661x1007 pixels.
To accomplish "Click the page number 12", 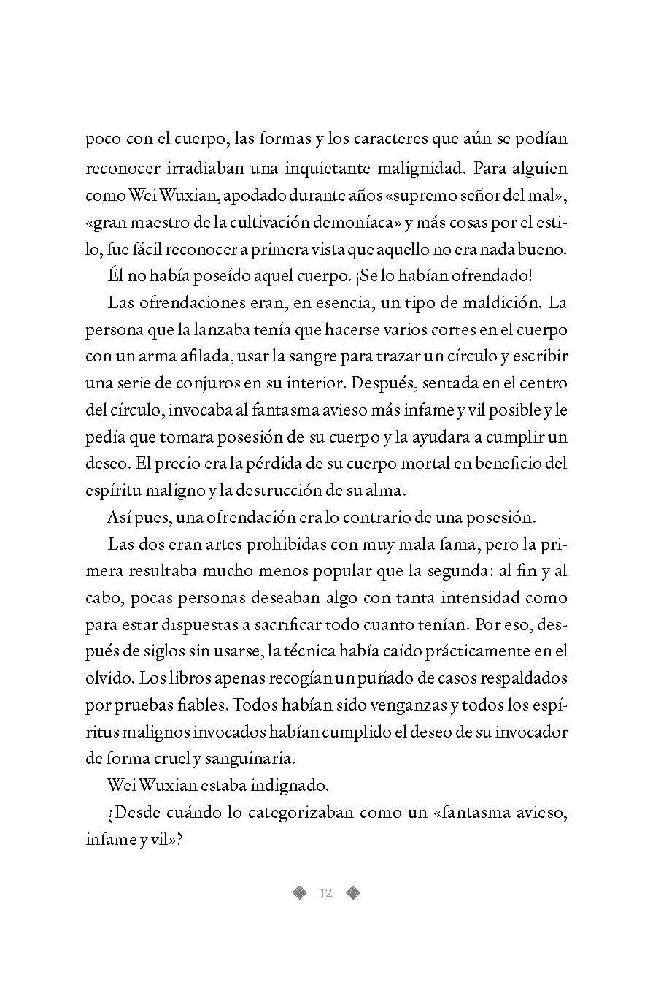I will [325, 893].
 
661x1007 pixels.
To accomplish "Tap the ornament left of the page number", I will [298, 892].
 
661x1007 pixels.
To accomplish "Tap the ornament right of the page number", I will [353, 892].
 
